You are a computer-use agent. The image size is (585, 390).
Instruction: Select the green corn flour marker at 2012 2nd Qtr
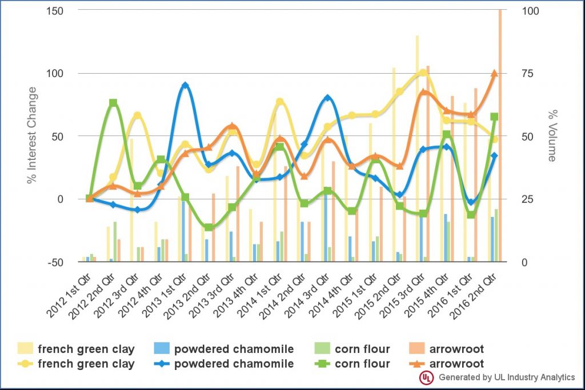point(114,103)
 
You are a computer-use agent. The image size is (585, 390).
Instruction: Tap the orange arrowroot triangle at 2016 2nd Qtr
point(495,73)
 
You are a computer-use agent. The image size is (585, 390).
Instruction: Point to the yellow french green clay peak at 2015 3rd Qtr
point(423,73)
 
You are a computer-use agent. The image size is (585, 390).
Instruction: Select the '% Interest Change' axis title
point(32,135)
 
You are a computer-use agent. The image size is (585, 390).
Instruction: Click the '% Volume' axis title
point(552,135)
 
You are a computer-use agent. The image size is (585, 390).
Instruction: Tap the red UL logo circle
point(426,377)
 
